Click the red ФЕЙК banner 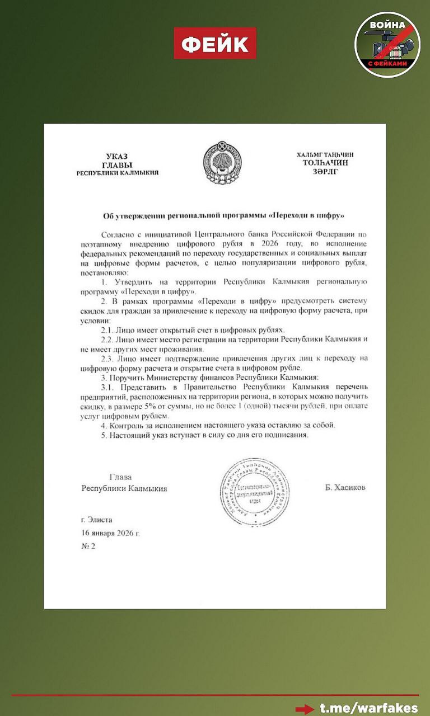(x=215, y=44)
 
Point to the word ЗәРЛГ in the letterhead (x=326, y=172)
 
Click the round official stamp (x=255, y=492)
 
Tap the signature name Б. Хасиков (x=345, y=487)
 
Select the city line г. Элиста (x=96, y=520)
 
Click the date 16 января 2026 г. (x=110, y=533)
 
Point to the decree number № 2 (x=88, y=546)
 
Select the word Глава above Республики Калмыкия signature (x=120, y=477)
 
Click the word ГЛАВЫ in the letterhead (x=117, y=164)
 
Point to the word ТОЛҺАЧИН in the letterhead (x=325, y=163)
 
